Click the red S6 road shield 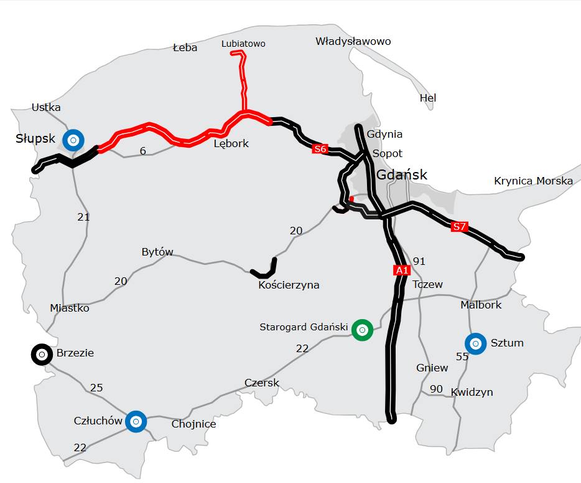pyautogui.click(x=320, y=149)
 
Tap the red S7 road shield pyautogui.click(x=459, y=227)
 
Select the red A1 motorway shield pyautogui.click(x=402, y=270)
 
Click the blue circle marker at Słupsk pyautogui.click(x=73, y=140)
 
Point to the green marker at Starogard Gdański pyautogui.click(x=361, y=330)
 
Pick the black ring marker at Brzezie pyautogui.click(x=42, y=355)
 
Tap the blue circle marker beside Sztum pyautogui.click(x=475, y=343)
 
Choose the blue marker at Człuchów pyautogui.click(x=136, y=421)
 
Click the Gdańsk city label pyautogui.click(x=402, y=175)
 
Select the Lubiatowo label pyautogui.click(x=243, y=44)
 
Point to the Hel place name pyautogui.click(x=428, y=98)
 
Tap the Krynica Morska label pyautogui.click(x=533, y=181)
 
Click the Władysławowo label pyautogui.click(x=353, y=41)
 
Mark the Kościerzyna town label pyautogui.click(x=289, y=285)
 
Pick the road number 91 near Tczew pyautogui.click(x=419, y=261)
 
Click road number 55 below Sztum pyautogui.click(x=462, y=356)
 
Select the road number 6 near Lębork pyautogui.click(x=143, y=150)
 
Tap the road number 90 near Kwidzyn pyautogui.click(x=436, y=389)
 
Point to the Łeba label pyautogui.click(x=185, y=47)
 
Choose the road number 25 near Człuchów pyautogui.click(x=96, y=388)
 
